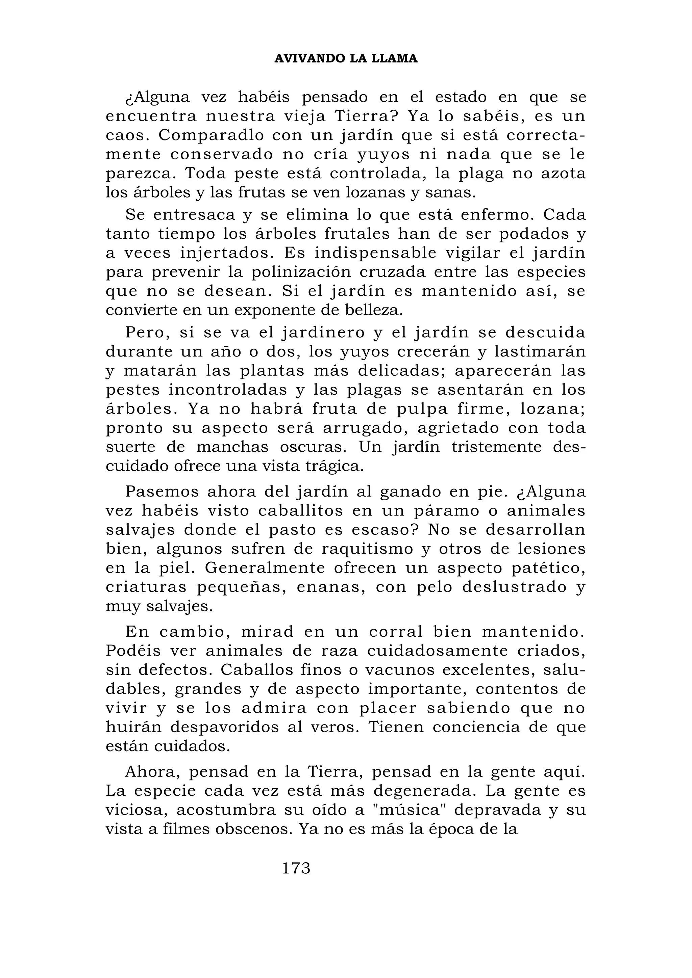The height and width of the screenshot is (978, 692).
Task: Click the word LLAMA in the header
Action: point(394,59)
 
